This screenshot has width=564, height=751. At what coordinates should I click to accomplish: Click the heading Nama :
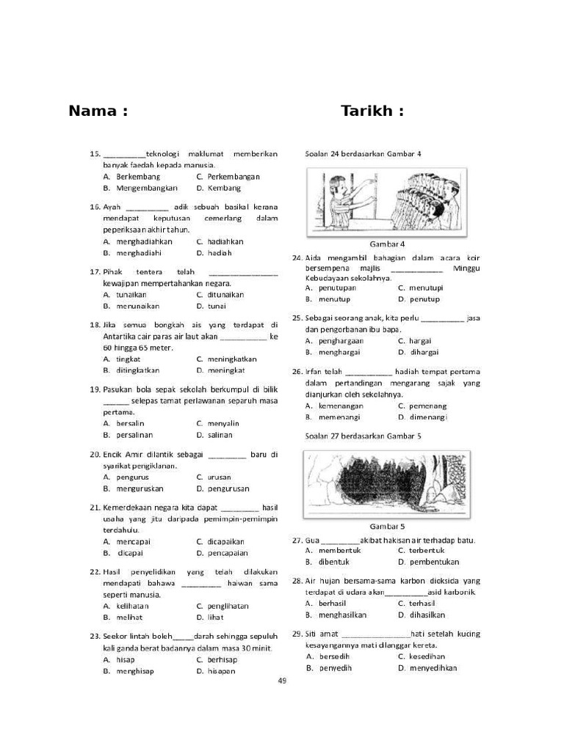click(98, 111)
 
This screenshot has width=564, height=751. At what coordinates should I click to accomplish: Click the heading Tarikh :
click(372, 111)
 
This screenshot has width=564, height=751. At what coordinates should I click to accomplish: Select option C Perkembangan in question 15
click(228, 177)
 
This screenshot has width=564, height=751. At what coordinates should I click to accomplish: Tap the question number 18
click(94, 324)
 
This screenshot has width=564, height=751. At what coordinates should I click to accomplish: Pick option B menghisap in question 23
click(134, 671)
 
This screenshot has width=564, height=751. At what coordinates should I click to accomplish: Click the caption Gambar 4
click(387, 244)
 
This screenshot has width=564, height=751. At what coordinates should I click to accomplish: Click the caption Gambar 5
click(387, 527)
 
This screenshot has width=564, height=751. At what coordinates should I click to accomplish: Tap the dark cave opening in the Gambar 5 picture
click(375, 483)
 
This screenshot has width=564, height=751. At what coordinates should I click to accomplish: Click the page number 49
click(282, 681)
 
